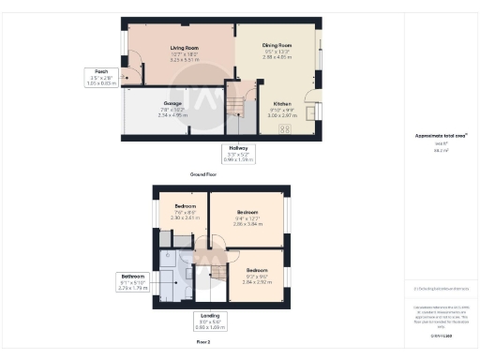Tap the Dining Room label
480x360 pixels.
pyautogui.click(x=277, y=45)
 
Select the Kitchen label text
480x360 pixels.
pyautogui.click(x=282, y=103)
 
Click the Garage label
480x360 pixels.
pyautogui.click(x=172, y=103)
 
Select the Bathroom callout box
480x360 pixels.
pyautogui.click(x=133, y=280)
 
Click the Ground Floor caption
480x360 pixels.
pyautogui.click(x=204, y=174)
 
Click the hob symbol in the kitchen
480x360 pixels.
pyautogui.click(x=288, y=128)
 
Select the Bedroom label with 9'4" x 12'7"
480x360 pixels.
pyautogui.click(x=247, y=212)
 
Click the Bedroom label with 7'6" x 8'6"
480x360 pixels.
pyautogui.click(x=185, y=205)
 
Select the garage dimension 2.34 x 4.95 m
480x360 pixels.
pyautogui.click(x=172, y=114)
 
